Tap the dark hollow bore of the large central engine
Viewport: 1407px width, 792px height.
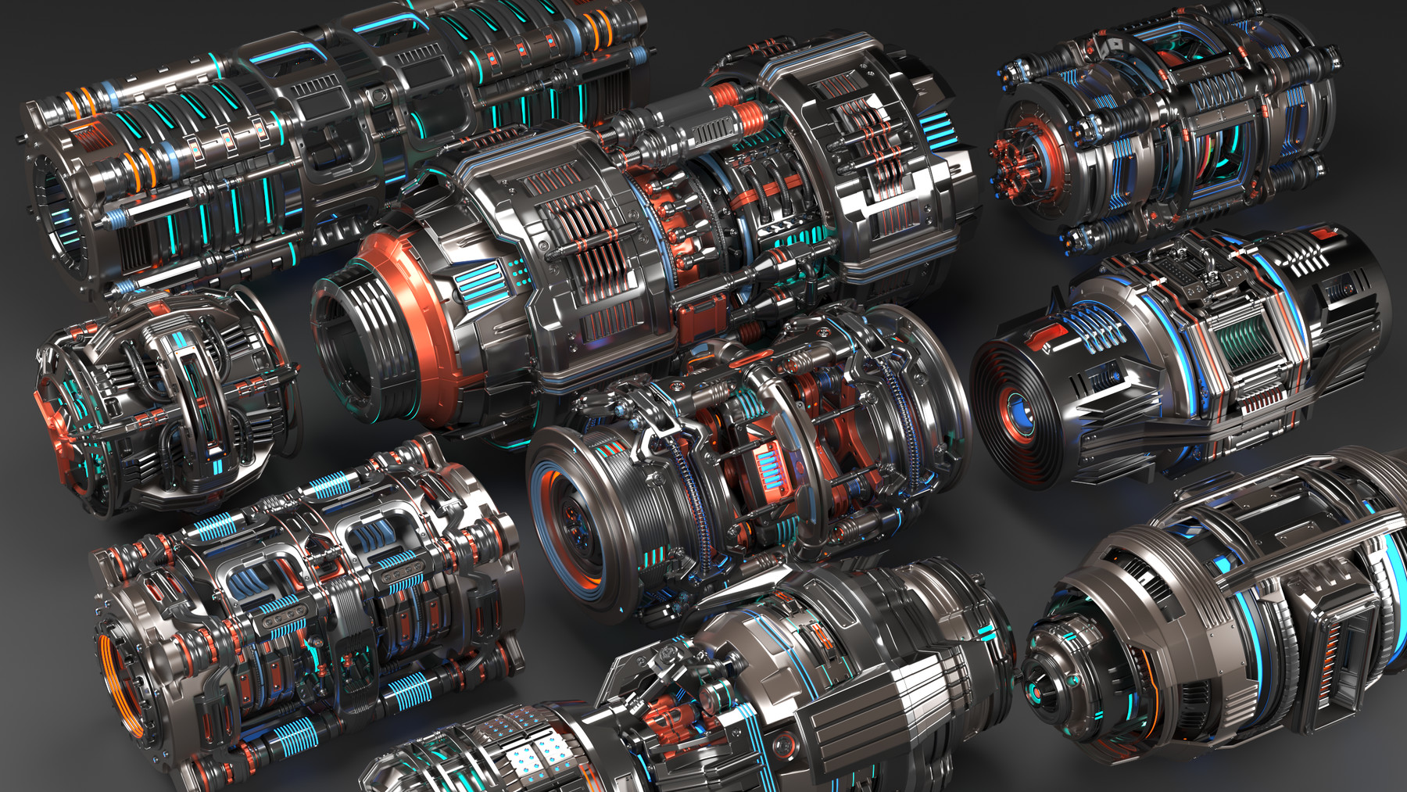pos(344,328)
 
